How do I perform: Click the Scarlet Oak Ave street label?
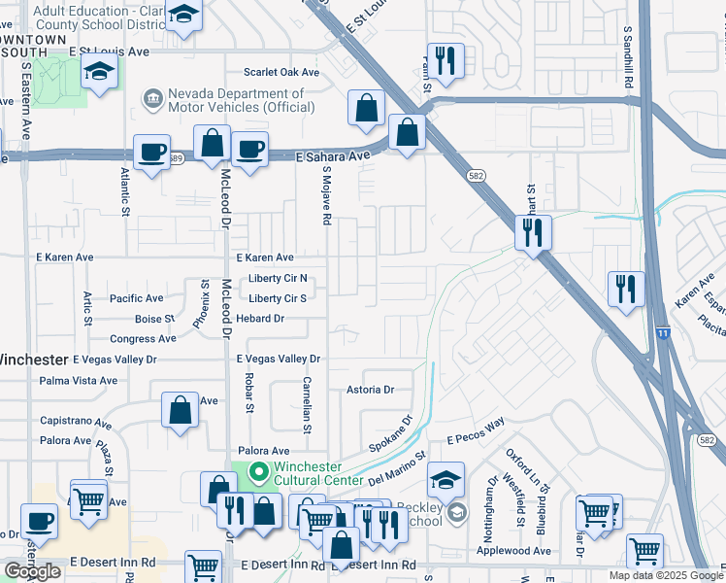coord(281,73)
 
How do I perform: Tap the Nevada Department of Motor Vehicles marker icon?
coord(152,98)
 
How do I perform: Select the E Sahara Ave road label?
coord(334,155)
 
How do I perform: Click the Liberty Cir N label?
coord(278,279)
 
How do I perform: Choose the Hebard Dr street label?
coord(259,319)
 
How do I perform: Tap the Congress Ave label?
coord(143,339)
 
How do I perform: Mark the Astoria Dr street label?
coord(370,390)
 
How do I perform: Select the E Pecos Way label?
coord(477,440)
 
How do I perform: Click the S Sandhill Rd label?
coord(629,58)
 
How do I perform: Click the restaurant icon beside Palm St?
coord(445,61)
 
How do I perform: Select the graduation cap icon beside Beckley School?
coord(445,480)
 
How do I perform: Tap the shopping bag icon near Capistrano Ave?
coord(181,410)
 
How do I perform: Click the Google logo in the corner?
coord(32,571)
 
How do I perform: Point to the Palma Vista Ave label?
coord(78,381)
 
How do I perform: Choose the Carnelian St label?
coord(306,404)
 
